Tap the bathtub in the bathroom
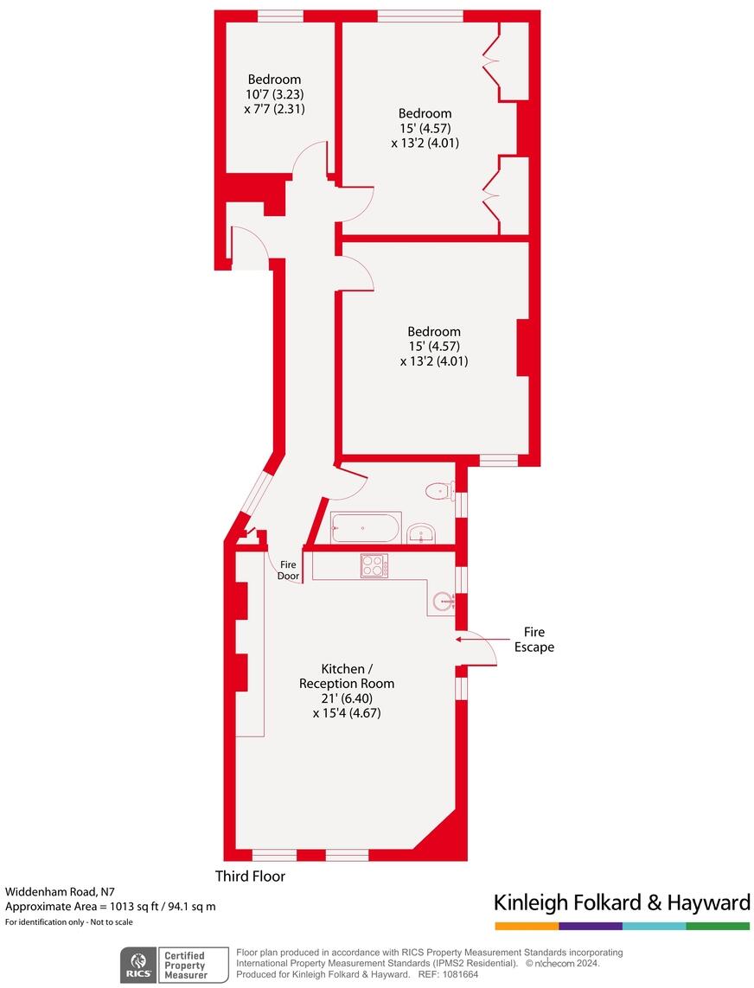coord(366,527)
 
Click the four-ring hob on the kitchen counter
coord(374,565)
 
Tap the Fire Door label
coord(288,570)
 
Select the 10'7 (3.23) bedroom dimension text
coord(274,94)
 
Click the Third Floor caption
coord(250,876)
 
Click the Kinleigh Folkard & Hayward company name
coord(621,903)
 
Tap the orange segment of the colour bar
coord(527,926)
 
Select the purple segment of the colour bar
coord(590,926)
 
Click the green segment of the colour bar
coord(718,926)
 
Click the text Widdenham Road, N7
coord(60,891)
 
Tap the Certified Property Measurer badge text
coord(185,965)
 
